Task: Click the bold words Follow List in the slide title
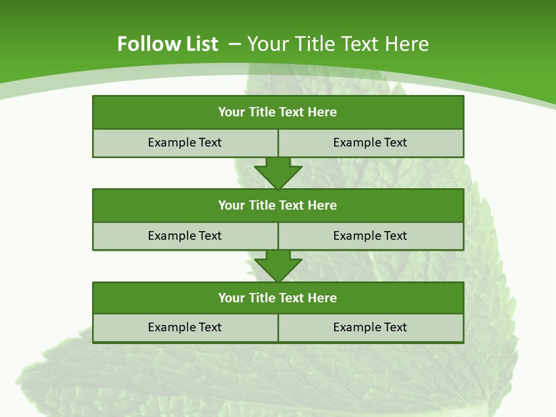coord(167,44)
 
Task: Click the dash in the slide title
coord(235,43)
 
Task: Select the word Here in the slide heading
coord(407,44)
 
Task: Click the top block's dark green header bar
coord(278,112)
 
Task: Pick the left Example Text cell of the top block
coord(185,143)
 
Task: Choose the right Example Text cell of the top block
coord(371,143)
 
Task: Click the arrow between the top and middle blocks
coord(278,173)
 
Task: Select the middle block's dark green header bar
coord(278,205)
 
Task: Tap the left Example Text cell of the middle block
coord(185,236)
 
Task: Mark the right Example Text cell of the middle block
coord(371,236)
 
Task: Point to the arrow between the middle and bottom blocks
coord(278,266)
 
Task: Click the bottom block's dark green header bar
coord(278,298)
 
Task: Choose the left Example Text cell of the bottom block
coord(185,327)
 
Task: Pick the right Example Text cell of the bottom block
coord(371,327)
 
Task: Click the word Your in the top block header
coord(232,112)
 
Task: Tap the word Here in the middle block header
coord(323,205)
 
